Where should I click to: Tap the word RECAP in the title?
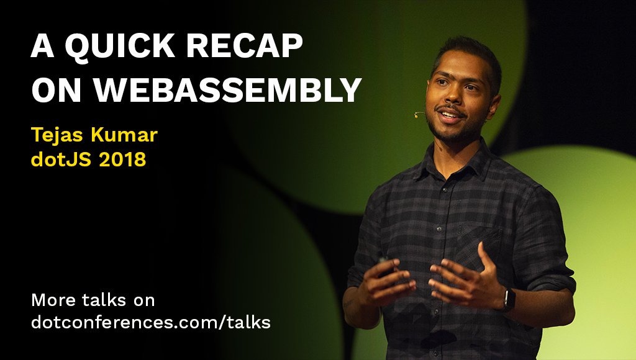coord(245,46)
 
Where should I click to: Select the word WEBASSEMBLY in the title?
coord(227,89)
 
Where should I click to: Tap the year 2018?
coord(122,160)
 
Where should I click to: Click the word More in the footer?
coord(53,300)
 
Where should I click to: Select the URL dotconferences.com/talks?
coord(151,322)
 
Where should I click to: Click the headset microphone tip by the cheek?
coord(416,115)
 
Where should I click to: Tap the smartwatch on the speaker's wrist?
coord(508,300)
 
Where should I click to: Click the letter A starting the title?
coord(43,46)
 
